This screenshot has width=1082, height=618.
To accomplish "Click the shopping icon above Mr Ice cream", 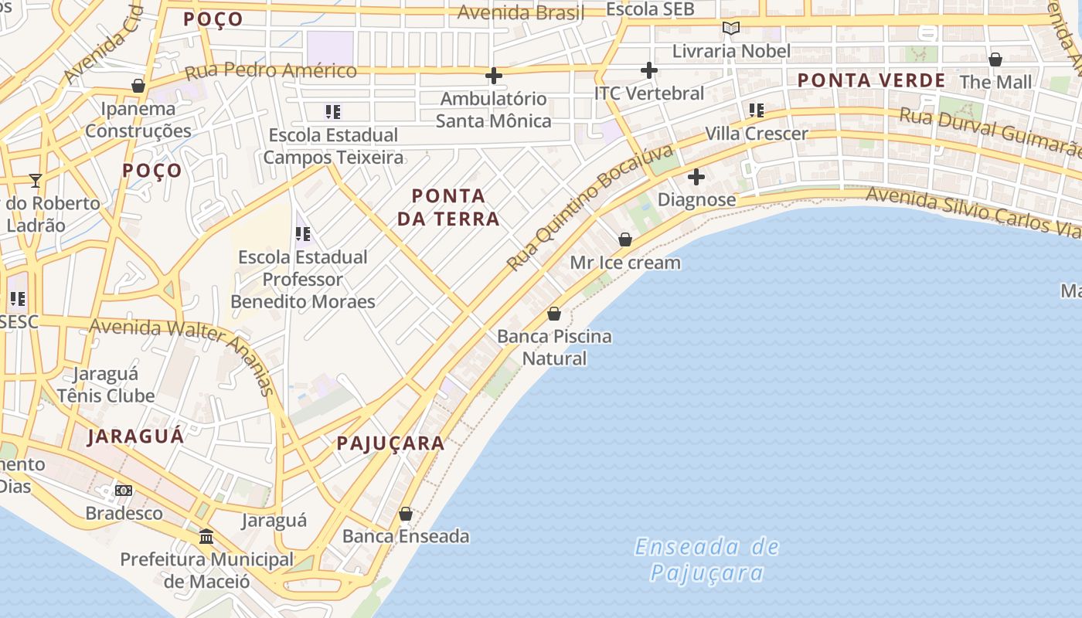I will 625,239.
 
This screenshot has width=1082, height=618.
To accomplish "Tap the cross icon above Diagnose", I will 696,177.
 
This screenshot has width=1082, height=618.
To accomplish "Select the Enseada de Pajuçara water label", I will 706,559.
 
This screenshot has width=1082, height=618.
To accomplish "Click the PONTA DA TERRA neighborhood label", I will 448,207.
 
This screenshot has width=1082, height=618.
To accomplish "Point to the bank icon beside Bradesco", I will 124,491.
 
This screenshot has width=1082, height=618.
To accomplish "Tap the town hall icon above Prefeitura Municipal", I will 206,535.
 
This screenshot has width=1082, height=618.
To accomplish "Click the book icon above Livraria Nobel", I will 730,29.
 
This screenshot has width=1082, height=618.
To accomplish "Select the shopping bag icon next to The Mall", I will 995,59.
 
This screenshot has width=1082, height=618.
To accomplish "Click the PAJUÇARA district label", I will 390,443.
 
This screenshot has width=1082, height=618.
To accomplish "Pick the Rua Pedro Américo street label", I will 270,71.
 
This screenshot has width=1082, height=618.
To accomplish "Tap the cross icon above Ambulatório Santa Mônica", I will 493,76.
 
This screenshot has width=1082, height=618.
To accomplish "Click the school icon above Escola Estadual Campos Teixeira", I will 333,112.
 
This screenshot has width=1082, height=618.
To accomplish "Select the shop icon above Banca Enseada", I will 406,514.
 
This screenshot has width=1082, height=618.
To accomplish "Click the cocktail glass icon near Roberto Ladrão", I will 36,181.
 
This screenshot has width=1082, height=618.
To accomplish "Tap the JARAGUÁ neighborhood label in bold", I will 136,436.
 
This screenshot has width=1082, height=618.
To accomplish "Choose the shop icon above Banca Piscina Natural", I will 554,314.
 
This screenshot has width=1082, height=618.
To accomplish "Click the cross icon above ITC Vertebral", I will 649,70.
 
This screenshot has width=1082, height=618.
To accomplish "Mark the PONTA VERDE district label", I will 871,80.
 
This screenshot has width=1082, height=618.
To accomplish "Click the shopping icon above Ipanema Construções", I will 138,86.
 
